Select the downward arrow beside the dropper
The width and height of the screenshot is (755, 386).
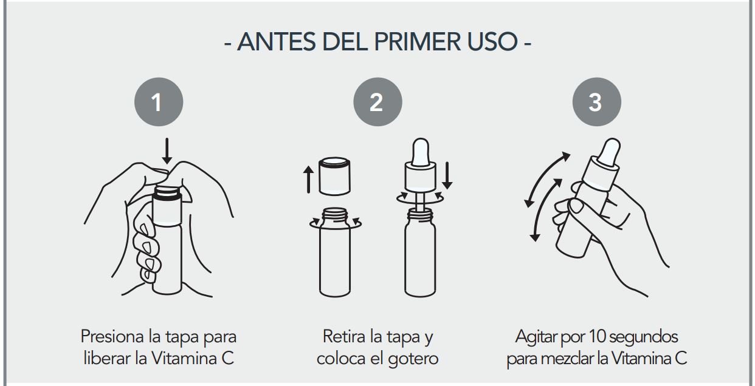(x=448, y=175)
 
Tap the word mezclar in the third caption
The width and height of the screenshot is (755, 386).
(x=565, y=358)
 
